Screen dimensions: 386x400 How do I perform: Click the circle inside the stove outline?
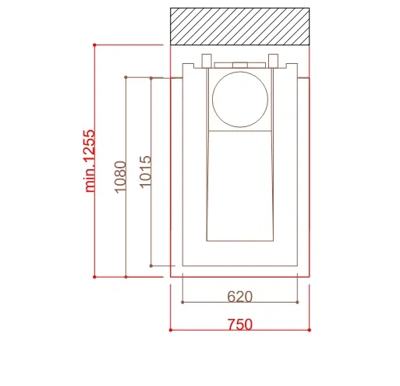click(x=241, y=99)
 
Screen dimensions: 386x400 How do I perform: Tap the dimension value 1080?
click(x=119, y=177)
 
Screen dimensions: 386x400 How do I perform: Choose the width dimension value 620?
click(x=239, y=296)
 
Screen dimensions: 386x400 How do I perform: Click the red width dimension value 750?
click(x=239, y=324)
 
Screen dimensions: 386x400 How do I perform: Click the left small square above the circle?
click(x=207, y=61)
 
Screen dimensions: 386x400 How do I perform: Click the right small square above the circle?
click(x=274, y=61)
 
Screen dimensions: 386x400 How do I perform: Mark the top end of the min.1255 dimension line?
click(x=94, y=45)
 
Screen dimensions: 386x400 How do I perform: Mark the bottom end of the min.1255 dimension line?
click(x=94, y=276)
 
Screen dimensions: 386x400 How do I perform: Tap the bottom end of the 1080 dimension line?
click(x=126, y=276)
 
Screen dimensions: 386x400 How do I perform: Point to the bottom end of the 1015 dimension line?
click(x=151, y=265)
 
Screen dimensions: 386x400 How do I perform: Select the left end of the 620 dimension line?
click(x=182, y=302)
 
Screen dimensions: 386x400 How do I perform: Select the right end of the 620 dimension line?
click(x=298, y=302)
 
